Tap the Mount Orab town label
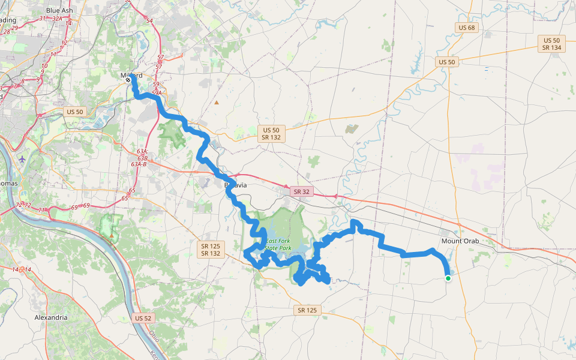coord(460,241)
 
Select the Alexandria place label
coord(51,317)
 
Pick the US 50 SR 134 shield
coord(551,43)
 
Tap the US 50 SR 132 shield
coord(271,134)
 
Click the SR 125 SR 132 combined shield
coord(210,250)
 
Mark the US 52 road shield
coord(143,318)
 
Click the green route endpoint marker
coord(448,278)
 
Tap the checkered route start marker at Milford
coord(128,79)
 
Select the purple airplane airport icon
coord(22,159)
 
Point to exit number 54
coord(149,21)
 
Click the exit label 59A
coord(157,92)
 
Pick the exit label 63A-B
coord(139,164)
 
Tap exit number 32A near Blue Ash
coord(58,19)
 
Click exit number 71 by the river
coord(41,210)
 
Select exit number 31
coord(42,18)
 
